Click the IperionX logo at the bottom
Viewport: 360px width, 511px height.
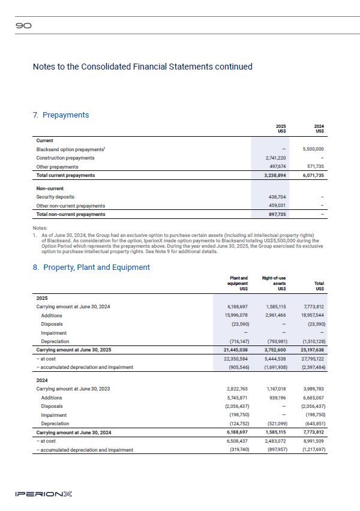(44, 494)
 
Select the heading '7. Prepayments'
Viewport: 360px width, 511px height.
(61, 115)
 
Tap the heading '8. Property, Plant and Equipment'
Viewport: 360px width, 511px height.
(91, 267)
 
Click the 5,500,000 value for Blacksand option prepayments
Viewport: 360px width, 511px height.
(311, 149)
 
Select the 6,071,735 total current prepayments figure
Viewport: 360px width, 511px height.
(311, 175)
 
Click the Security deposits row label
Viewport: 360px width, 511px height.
(55, 197)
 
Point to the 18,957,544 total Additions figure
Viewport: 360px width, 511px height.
(311, 315)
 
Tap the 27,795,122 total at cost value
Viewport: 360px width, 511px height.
(311, 358)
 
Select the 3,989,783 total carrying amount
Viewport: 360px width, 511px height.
(312, 389)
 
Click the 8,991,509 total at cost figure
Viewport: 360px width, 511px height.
(312, 441)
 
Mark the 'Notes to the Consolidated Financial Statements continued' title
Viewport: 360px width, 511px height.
(142, 67)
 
